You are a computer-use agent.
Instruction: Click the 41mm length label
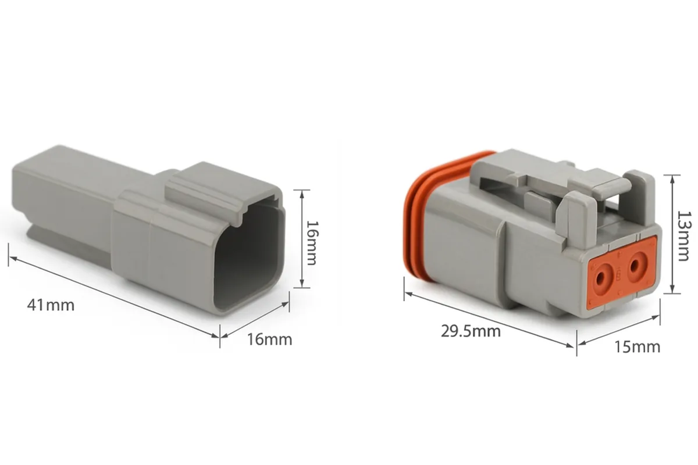[51, 305]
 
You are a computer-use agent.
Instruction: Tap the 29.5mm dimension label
[471, 331]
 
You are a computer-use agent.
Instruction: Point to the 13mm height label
[683, 236]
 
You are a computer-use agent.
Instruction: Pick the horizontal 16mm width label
[270, 339]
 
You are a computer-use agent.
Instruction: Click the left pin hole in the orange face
[600, 278]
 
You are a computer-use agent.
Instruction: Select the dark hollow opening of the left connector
[248, 254]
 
